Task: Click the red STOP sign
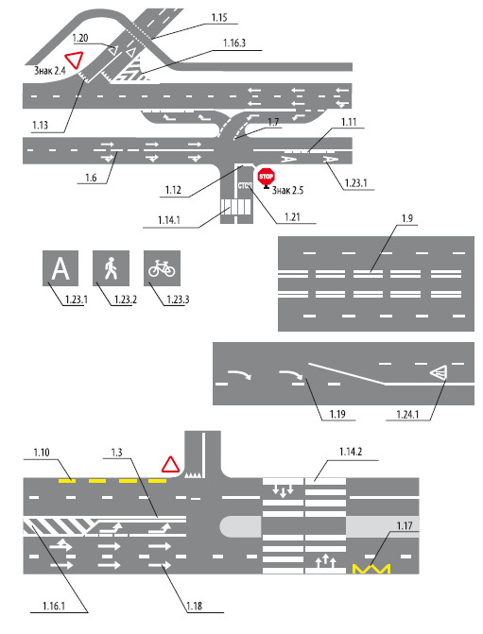266,177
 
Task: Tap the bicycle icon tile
162,268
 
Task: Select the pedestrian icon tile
111,268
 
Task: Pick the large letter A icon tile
60,268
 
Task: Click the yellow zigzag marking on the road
371,569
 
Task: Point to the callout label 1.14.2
351,452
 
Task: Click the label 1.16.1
53,606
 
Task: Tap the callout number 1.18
194,606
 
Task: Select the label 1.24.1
407,415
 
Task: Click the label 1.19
337,415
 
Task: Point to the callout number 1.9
407,218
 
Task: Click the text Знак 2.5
287,190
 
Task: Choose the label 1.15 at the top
219,18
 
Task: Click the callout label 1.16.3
234,43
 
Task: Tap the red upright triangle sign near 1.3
170,464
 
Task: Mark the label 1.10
42,453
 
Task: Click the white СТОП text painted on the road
244,185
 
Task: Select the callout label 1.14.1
168,220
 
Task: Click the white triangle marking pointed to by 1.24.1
439,372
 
